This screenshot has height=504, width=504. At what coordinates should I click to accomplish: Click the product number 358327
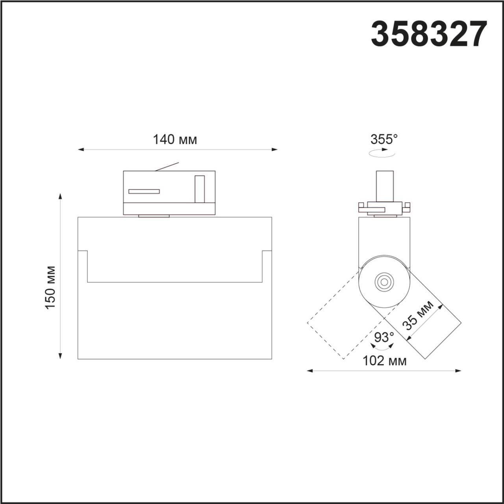pos(429,34)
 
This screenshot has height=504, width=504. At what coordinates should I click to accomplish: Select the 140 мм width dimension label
pos(175,139)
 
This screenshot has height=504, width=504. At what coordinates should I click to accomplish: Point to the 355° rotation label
pos(384,139)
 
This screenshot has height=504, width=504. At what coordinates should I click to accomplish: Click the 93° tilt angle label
pos(384,337)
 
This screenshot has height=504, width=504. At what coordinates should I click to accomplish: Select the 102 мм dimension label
pos(384,360)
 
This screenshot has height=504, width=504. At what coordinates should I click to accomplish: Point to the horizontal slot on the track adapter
pos(144,191)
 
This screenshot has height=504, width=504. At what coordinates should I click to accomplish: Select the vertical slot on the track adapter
pos(200,189)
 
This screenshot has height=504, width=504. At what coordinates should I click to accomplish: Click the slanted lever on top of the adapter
pos(167,167)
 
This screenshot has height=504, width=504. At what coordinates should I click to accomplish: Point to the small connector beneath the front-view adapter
pos(154,216)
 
